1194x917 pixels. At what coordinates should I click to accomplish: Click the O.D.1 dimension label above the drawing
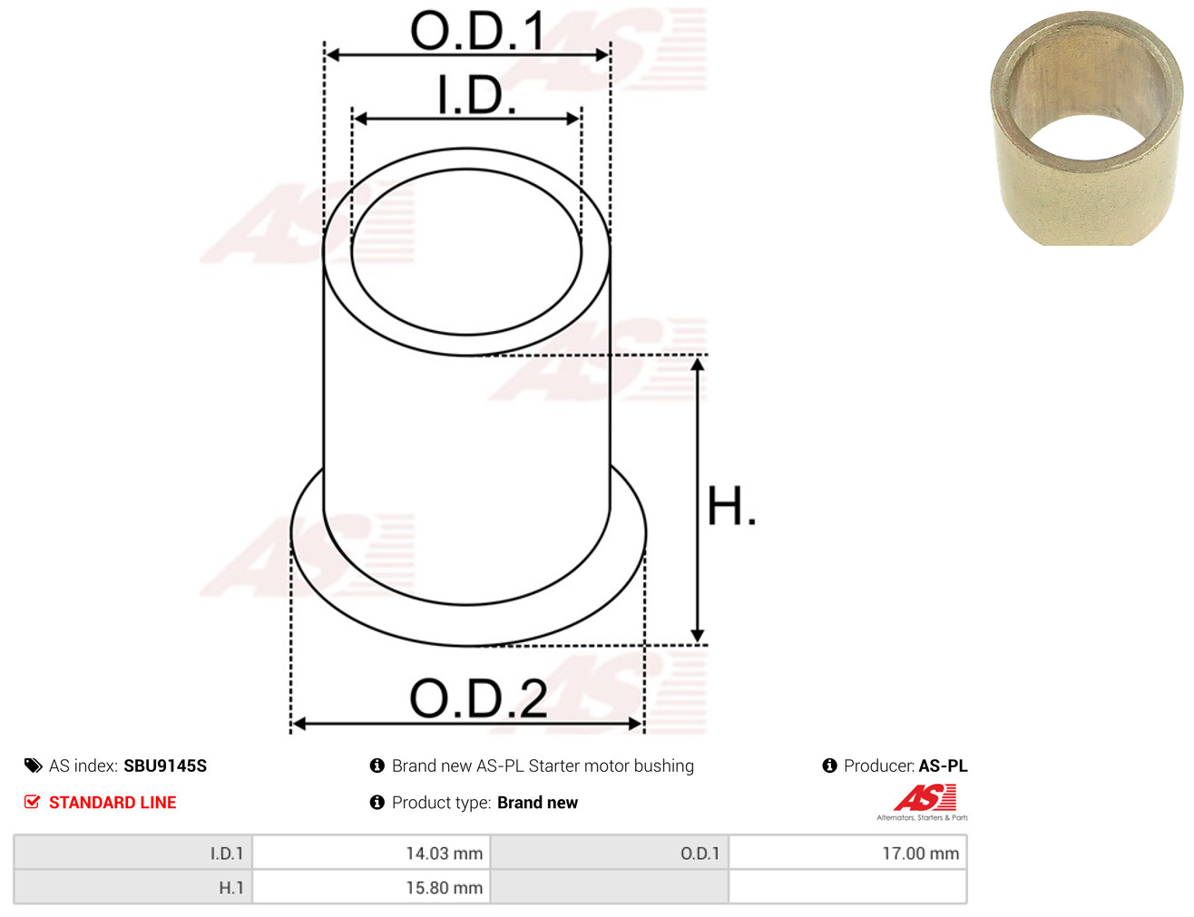(x=477, y=30)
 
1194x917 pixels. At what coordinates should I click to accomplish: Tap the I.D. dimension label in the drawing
(x=476, y=95)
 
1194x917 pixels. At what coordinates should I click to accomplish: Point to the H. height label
(x=731, y=505)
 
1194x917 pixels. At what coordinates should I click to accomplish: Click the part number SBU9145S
(x=165, y=766)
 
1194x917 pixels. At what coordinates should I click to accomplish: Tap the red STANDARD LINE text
(x=113, y=802)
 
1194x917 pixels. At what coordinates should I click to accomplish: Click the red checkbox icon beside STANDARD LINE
(x=33, y=802)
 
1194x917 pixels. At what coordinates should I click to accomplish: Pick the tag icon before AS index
(x=34, y=766)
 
